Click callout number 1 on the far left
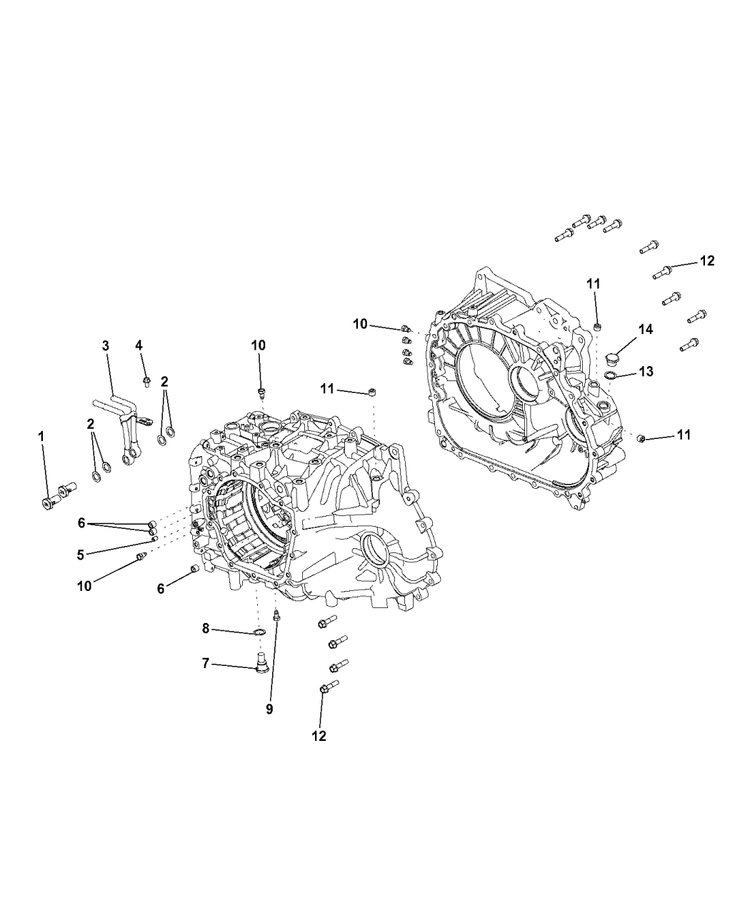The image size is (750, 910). (x=41, y=435)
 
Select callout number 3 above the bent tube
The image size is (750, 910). (x=105, y=345)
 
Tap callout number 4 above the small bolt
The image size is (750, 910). (x=139, y=345)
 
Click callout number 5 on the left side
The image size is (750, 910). (x=81, y=553)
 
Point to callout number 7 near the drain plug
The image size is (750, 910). (x=206, y=663)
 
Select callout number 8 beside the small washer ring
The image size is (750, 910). (x=206, y=628)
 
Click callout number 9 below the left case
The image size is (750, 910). (x=269, y=709)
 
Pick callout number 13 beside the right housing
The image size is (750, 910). (x=646, y=372)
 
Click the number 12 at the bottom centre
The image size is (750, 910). (x=319, y=735)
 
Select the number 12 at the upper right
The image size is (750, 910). (x=706, y=261)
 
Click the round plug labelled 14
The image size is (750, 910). (x=611, y=358)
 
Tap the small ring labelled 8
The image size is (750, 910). (x=261, y=632)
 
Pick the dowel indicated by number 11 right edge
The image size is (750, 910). (x=641, y=438)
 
